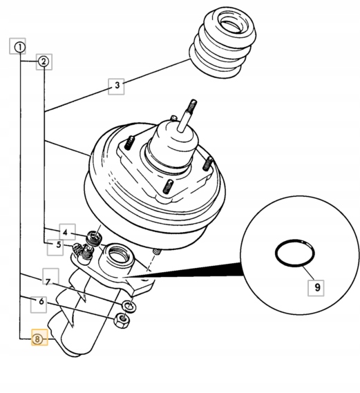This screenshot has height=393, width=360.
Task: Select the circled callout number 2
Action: [x=44, y=61]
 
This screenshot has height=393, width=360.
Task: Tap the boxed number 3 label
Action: [x=116, y=86]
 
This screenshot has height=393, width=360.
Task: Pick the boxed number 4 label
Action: [x=68, y=232]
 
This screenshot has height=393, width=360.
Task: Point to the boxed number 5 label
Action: [x=55, y=247]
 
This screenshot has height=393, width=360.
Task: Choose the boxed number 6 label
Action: [x=39, y=305]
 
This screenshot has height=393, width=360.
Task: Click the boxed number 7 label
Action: [x=50, y=276]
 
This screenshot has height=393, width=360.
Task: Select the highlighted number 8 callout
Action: [x=39, y=337]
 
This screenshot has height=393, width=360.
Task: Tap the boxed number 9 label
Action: [x=316, y=288]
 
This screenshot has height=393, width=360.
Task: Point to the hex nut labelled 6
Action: [x=122, y=320]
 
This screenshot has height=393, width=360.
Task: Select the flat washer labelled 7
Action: [x=129, y=306]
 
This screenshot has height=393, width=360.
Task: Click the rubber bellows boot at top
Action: [x=222, y=43]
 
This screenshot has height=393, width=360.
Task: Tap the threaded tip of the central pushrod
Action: [x=191, y=106]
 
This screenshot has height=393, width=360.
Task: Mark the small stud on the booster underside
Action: [x=156, y=251]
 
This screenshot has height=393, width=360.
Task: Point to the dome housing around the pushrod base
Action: [x=171, y=144]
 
